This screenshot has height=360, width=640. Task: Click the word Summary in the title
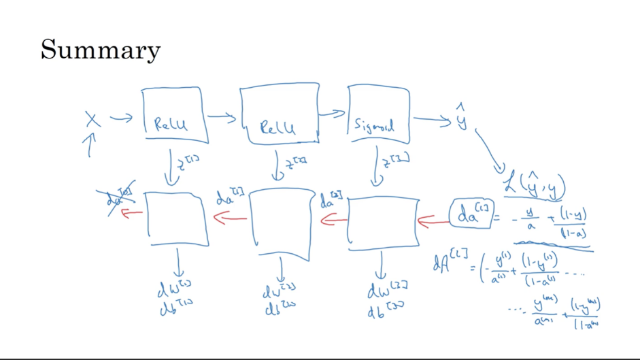point(101,50)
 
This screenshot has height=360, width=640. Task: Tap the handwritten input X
point(92,120)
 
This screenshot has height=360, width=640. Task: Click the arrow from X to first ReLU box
point(121,119)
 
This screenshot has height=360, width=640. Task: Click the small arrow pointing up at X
point(89,145)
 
